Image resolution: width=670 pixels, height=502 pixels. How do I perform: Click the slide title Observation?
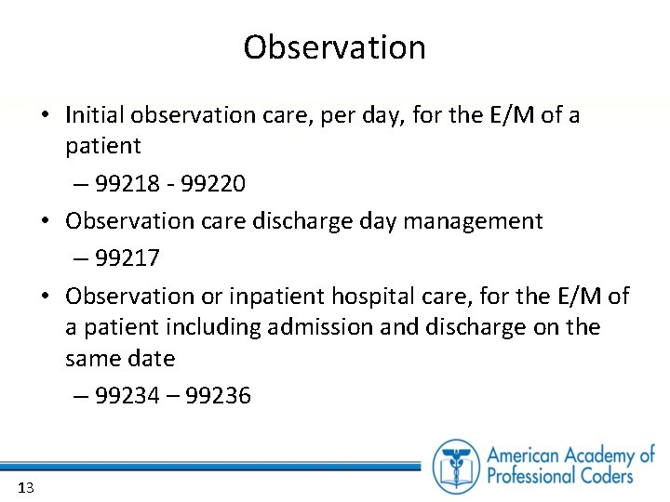coord(334,47)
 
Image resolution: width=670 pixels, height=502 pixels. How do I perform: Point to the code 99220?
coord(214,184)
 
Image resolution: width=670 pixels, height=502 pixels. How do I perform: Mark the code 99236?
coord(219,396)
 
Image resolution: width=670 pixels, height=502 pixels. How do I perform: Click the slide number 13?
coord(25,487)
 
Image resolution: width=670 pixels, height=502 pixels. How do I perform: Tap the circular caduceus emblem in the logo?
coord(456,465)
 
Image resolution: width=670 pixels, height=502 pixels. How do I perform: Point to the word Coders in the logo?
coord(601,476)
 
